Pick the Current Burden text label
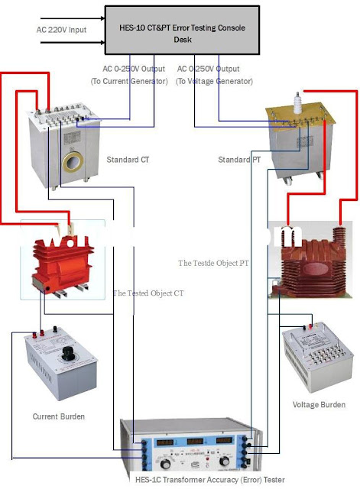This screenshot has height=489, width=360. pos(58,416)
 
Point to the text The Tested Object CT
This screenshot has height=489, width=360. pos(148,293)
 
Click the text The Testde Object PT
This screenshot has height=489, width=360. pos(215,262)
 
